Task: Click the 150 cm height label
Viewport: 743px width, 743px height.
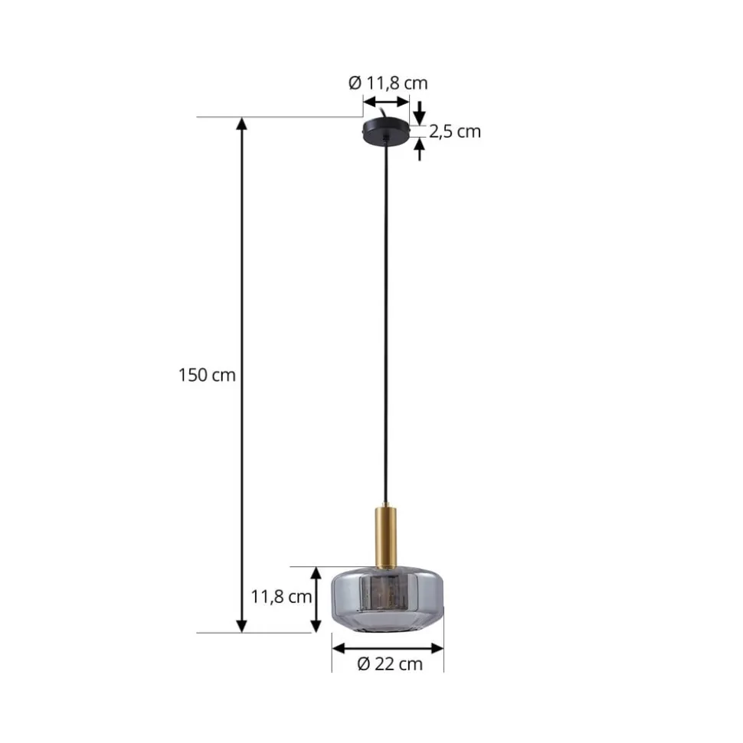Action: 207,376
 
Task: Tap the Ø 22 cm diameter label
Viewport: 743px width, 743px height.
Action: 390,664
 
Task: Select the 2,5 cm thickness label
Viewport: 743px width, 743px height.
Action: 455,132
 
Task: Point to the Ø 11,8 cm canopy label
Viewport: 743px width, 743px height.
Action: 388,83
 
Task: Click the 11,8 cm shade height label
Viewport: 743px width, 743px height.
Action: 282,597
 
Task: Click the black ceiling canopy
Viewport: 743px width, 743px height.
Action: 387,131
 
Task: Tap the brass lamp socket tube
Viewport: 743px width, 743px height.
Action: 387,536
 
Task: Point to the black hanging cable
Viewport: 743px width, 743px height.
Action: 387,321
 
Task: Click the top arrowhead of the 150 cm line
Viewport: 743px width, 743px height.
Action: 242,125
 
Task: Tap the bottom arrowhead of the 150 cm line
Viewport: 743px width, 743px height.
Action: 242,625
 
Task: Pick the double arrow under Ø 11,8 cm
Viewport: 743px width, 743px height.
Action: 386,103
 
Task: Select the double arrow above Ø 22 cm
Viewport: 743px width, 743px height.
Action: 388,648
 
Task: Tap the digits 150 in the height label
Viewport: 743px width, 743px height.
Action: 192,376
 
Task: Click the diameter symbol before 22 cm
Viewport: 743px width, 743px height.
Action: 364,664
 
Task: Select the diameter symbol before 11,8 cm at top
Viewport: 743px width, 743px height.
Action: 355,83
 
